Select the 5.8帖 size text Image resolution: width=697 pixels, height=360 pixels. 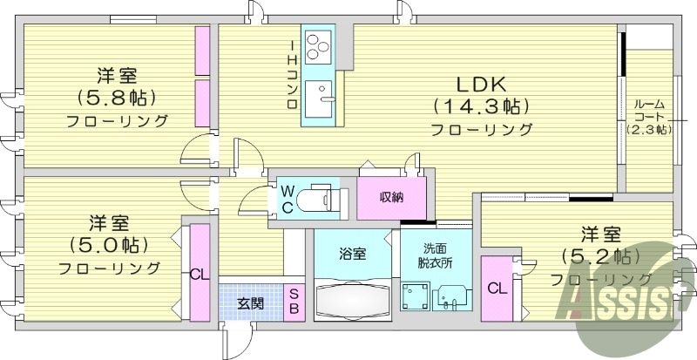(116, 98)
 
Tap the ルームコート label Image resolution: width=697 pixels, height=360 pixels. (649, 115)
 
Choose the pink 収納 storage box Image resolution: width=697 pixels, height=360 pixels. (391, 197)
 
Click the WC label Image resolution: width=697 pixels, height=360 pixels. (287, 197)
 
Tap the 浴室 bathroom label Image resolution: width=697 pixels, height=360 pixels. (353, 254)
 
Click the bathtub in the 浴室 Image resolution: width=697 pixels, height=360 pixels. (353, 301)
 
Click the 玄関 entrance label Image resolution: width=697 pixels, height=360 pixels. (251, 303)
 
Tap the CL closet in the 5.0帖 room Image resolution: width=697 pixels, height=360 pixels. (200, 273)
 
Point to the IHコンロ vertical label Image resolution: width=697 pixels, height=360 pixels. (293, 75)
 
